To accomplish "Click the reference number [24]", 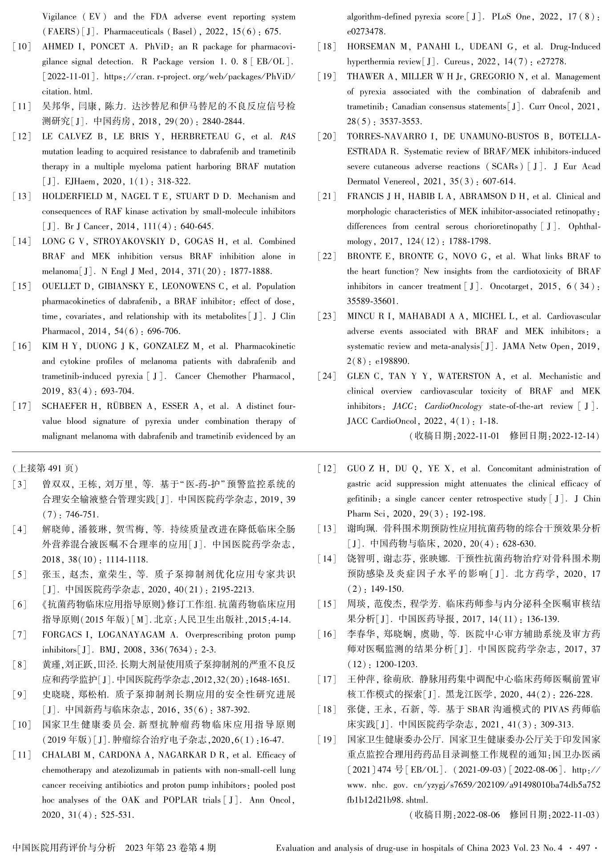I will click(x=327, y=376).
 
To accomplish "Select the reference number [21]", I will click(x=327, y=196).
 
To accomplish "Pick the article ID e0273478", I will click(x=366, y=32).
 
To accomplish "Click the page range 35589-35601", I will click(x=373, y=302).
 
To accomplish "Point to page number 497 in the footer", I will click(x=583, y=848).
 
